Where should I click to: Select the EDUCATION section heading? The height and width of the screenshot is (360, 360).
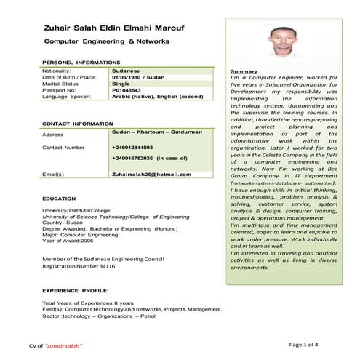click(59, 198)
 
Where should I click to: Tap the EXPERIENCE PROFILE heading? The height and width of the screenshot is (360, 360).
click(76, 289)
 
